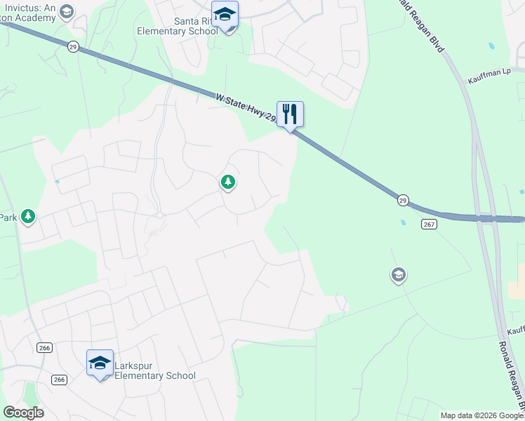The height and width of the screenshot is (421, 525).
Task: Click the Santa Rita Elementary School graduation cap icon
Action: [x=225, y=15]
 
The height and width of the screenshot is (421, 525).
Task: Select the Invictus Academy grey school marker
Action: [x=67, y=11]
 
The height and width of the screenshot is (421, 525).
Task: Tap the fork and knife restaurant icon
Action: [x=290, y=114]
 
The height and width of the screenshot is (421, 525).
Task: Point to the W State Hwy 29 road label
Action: [x=246, y=107]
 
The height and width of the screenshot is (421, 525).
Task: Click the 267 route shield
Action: [x=430, y=224]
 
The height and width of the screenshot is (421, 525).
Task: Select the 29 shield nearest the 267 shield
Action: [x=403, y=200]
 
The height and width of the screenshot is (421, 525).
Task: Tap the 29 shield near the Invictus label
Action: [x=73, y=46]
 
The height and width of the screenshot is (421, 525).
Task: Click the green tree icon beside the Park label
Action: [x=28, y=216]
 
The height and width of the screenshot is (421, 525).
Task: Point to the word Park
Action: [x=8, y=218]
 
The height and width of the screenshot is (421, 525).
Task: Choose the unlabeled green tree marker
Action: [x=227, y=182]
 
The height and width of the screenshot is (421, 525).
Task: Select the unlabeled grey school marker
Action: [x=399, y=275]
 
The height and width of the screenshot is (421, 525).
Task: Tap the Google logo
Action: [x=23, y=413]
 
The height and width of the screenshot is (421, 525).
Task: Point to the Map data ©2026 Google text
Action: [x=481, y=415]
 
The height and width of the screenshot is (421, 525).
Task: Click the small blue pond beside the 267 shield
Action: [x=403, y=223]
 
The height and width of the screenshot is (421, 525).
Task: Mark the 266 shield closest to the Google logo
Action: [x=60, y=379]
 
